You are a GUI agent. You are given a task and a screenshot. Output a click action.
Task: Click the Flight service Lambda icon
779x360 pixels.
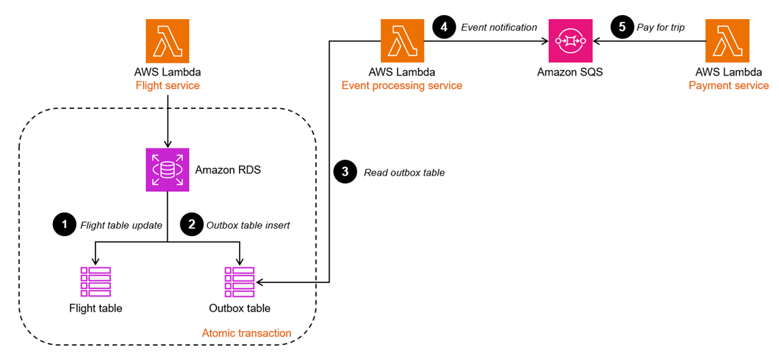(168, 41)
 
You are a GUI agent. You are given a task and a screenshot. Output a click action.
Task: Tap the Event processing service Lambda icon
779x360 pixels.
(402, 41)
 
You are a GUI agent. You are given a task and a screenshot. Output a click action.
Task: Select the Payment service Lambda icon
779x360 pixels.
(727, 41)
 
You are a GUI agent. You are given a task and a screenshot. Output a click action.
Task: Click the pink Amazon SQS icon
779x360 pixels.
(571, 41)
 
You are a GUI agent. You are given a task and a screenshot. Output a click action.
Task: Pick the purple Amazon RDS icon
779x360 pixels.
(168, 169)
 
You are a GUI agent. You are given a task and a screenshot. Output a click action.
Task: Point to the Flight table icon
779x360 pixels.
(95, 282)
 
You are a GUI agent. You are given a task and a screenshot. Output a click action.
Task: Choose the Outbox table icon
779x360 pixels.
(240, 282)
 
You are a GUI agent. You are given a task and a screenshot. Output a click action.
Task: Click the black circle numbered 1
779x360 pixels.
(64, 225)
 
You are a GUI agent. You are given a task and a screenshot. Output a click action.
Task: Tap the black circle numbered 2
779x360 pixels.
(191, 225)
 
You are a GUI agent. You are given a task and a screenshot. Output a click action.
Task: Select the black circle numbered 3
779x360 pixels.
(345, 172)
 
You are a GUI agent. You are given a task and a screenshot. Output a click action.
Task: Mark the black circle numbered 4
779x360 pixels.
(443, 27)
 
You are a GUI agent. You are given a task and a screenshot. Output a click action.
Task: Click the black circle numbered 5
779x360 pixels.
(621, 27)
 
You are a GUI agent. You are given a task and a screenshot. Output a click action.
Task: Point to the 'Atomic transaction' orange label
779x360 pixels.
(247, 333)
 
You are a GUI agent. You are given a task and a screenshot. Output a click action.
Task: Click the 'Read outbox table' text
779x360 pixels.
(404, 173)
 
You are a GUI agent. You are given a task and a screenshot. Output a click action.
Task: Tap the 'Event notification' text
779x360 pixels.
(499, 27)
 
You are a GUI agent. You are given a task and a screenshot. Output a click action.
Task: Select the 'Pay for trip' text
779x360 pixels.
(661, 27)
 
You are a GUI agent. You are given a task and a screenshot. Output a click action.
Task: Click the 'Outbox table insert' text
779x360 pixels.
(248, 225)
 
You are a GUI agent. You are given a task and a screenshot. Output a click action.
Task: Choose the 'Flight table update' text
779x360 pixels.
(121, 225)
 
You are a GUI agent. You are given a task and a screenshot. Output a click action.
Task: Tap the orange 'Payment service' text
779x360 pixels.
(728, 86)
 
